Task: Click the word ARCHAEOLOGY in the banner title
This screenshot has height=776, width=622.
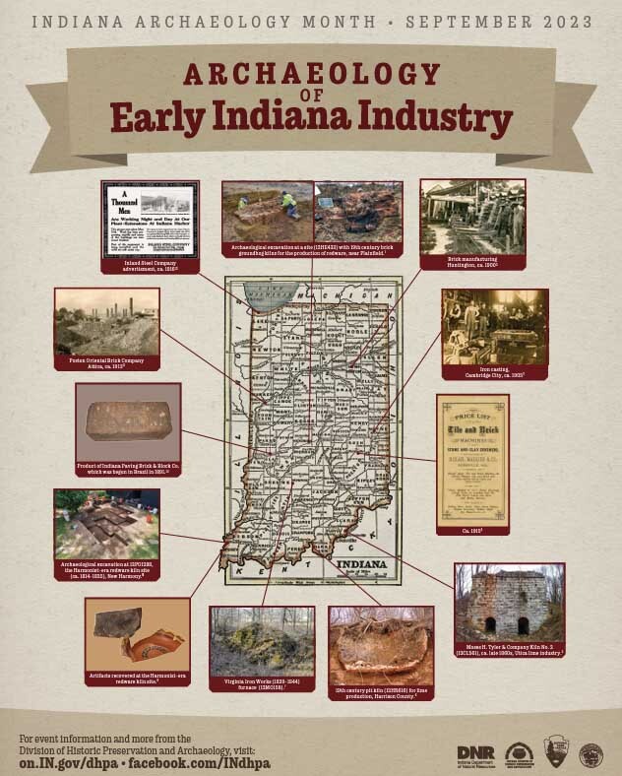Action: pyautogui.click(x=310, y=75)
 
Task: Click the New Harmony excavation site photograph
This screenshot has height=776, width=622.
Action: pyautogui.click(x=106, y=524)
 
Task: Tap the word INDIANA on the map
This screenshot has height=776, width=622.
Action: pyautogui.click(x=361, y=564)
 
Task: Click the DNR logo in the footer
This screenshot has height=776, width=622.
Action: pyautogui.click(x=475, y=753)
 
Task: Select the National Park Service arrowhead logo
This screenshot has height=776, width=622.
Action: pyautogui.click(x=556, y=753)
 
